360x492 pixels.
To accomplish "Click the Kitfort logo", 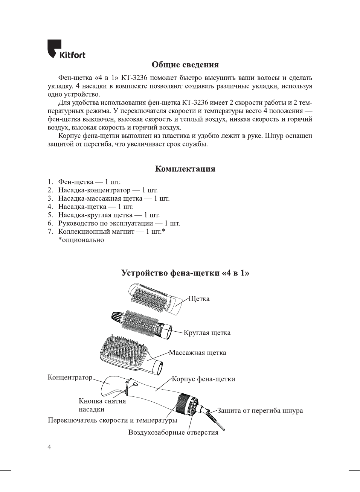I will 66,50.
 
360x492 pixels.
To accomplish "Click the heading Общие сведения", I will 185,65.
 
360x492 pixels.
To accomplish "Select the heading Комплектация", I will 185,169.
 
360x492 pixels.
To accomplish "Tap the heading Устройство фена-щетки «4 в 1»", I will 185,273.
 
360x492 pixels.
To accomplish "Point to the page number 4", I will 49,447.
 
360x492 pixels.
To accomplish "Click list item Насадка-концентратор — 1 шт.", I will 108,190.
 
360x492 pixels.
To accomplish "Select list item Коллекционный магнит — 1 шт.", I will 111,232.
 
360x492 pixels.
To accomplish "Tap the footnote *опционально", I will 81,240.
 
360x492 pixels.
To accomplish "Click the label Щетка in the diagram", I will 199,299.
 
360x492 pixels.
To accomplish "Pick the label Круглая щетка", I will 207,333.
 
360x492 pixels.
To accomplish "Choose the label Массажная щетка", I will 197,353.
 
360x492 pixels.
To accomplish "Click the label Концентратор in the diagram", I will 70,377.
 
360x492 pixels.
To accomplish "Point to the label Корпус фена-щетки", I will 203,379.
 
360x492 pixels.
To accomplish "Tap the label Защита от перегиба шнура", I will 260,411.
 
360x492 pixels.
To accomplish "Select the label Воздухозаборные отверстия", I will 173,433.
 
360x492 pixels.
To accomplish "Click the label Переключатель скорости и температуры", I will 112,420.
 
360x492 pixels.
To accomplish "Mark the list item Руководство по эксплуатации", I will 119,223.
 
